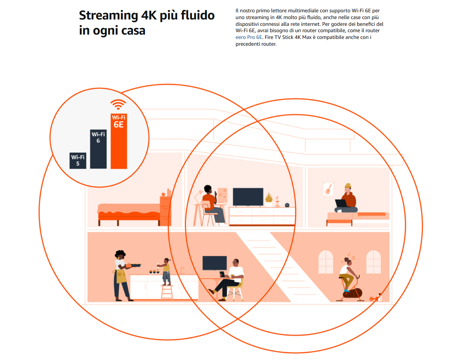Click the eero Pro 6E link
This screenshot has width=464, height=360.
pos(249,37)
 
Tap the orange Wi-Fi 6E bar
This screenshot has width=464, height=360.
pos(119,141)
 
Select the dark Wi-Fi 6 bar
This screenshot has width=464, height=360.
pos(98,149)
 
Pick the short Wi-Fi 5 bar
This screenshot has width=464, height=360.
pos(78,161)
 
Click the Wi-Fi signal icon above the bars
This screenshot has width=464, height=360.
pos(118,105)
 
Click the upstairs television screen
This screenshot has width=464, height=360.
pos(248,197)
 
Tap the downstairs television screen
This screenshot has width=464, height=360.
pos(215,263)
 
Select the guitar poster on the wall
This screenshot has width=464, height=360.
pos(328,189)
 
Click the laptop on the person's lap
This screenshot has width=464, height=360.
pos(341,203)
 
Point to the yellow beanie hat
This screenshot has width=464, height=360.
pos(348,186)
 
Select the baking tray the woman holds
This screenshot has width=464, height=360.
pos(134,265)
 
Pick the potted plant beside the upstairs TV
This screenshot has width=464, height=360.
pos(269,199)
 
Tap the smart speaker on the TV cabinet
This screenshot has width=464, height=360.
pos(287,205)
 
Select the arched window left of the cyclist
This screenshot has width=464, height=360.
pos(325,262)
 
